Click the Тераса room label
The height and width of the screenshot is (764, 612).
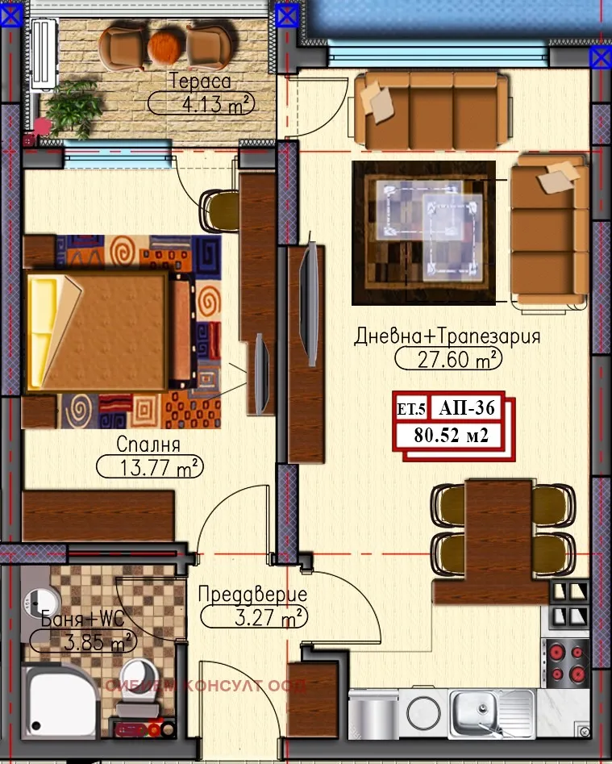click(200, 81)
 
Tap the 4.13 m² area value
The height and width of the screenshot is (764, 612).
click(202, 103)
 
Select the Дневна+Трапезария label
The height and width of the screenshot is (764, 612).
click(447, 336)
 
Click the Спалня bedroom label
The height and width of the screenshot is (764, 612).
click(148, 445)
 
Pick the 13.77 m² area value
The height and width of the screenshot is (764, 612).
click(149, 466)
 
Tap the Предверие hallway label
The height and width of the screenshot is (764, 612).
click(253, 595)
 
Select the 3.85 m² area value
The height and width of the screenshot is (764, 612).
click(82, 643)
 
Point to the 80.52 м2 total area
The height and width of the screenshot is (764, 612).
click(452, 436)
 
